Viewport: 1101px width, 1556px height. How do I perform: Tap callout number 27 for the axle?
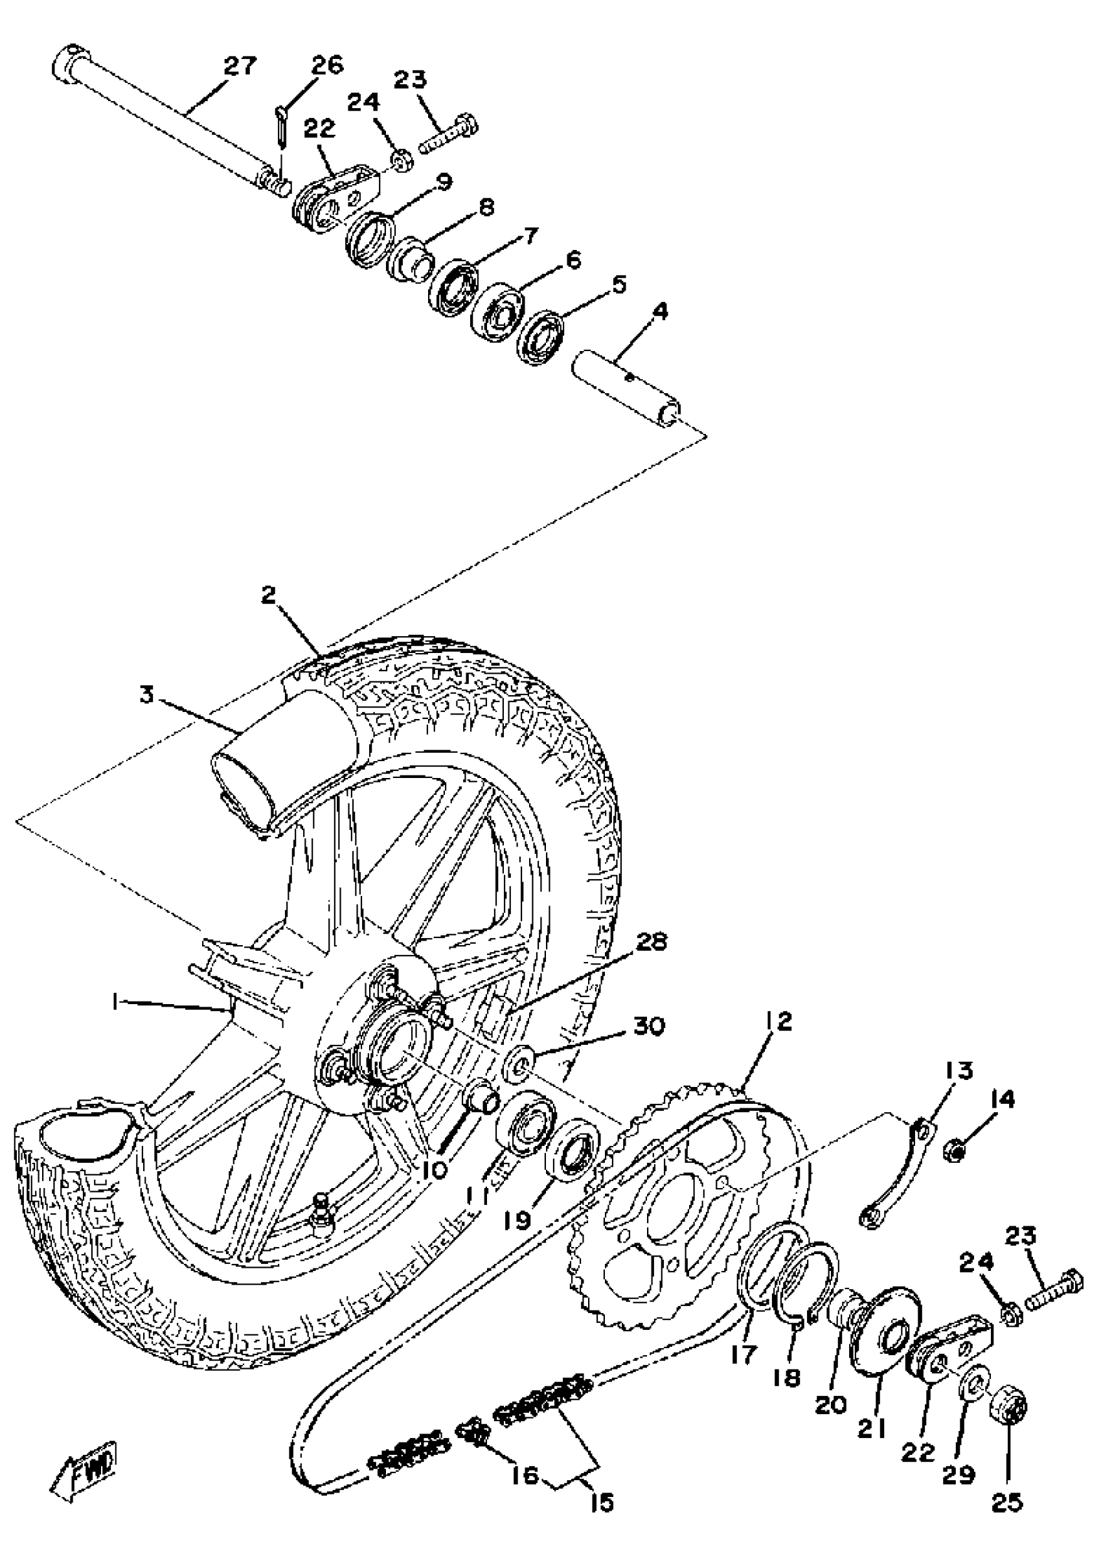tap(240, 67)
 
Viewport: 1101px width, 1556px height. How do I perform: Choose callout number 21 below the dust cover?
tap(872, 1408)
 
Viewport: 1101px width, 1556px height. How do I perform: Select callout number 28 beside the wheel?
tap(650, 943)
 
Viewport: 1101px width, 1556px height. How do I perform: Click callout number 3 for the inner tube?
tap(148, 696)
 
